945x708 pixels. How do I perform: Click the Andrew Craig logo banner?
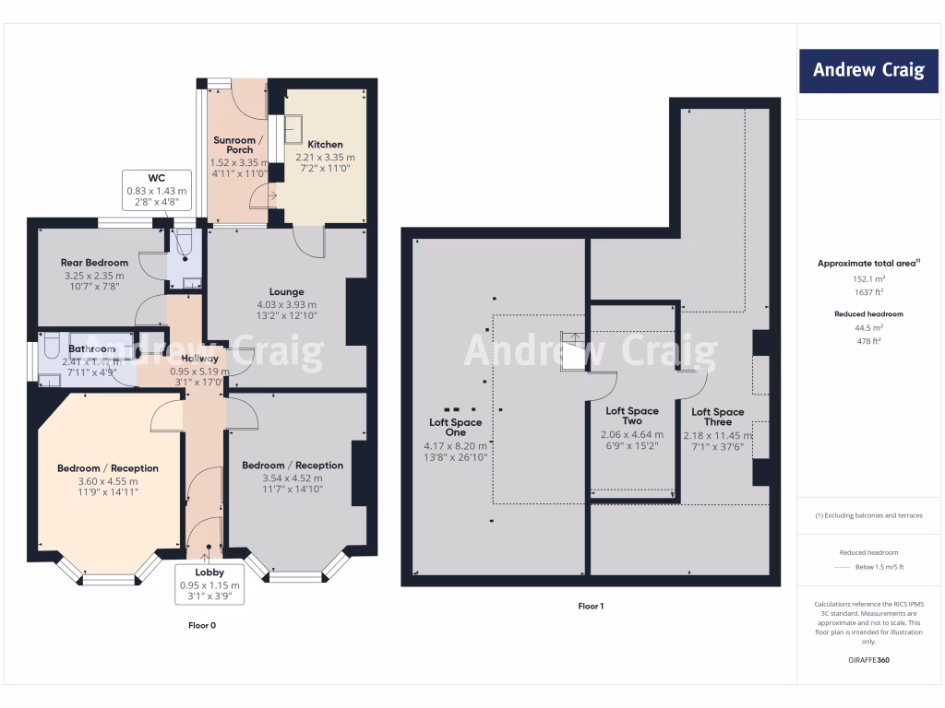pos(867,70)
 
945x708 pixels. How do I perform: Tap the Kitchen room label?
pos(325,145)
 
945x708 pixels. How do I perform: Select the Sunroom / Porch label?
pos(238,145)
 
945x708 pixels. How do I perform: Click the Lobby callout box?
pos(209,584)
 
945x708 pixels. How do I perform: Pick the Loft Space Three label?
pos(717,417)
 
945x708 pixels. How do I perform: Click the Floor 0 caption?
pos(200,625)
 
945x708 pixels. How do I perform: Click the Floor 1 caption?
pos(591,607)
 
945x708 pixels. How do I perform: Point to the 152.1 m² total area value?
pos(867,278)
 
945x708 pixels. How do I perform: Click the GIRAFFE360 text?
pos(867,660)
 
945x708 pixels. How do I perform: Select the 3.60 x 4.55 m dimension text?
pos(108,481)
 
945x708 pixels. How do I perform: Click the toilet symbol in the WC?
pos(184,243)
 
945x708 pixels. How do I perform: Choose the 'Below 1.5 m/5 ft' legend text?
pos(881,567)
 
